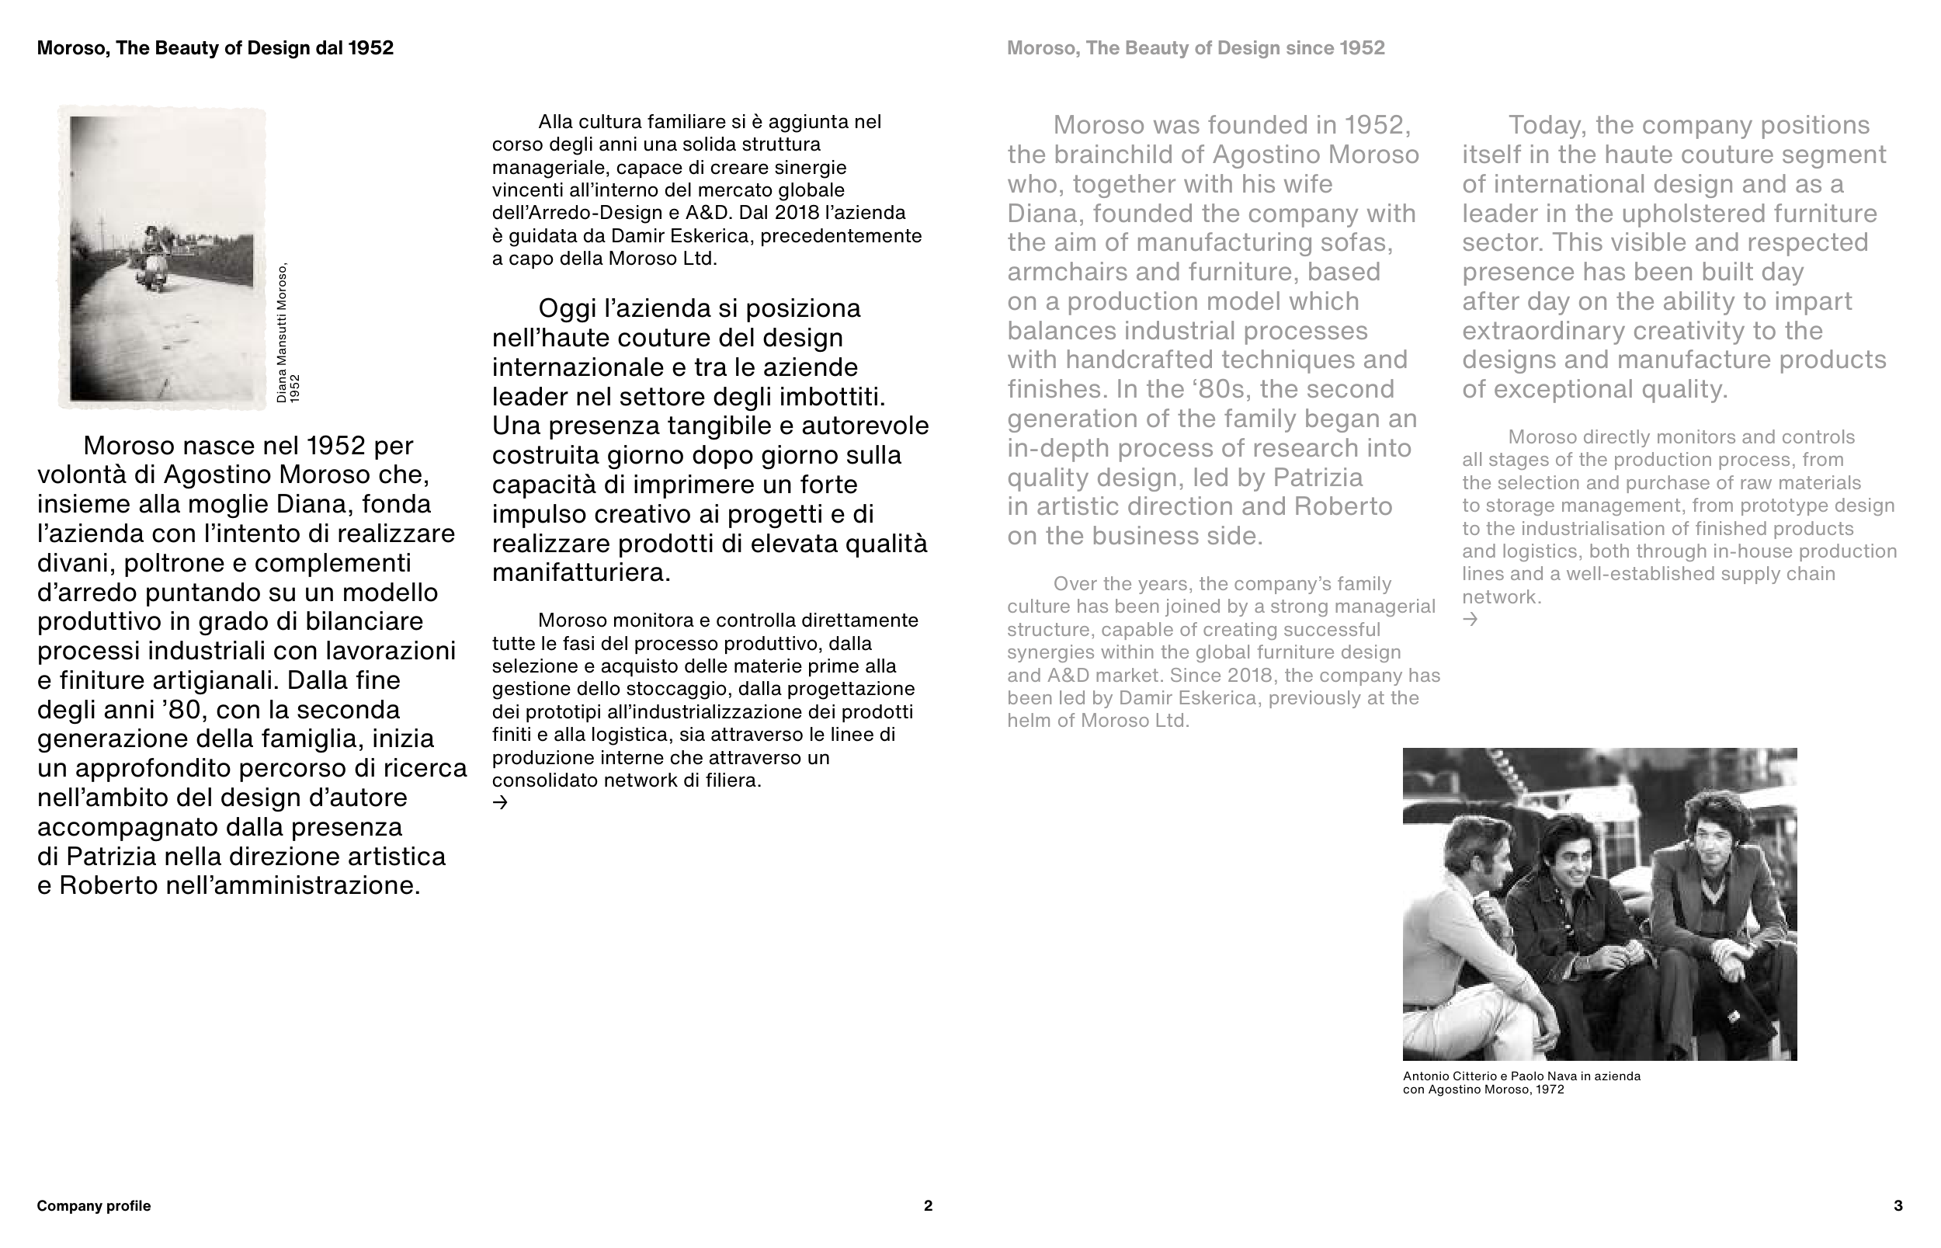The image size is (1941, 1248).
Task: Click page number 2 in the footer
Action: (x=928, y=1206)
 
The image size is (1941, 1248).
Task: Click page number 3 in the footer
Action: (x=1898, y=1206)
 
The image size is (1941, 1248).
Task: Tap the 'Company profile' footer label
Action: (x=94, y=1206)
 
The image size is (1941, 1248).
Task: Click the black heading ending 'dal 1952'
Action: (x=216, y=48)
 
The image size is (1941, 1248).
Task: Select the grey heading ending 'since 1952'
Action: (x=1196, y=48)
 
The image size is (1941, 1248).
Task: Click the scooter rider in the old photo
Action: (x=151, y=253)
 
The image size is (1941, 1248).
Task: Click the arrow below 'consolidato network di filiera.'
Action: (x=501, y=802)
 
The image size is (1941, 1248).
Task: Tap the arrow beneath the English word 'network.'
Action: (x=1471, y=619)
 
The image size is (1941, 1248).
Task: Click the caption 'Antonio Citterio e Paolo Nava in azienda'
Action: (x=1522, y=1076)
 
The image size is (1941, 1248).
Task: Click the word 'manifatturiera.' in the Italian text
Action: (x=582, y=573)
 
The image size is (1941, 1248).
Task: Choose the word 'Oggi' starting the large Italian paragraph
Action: (x=566, y=309)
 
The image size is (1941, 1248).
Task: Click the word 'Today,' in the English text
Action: (x=1547, y=126)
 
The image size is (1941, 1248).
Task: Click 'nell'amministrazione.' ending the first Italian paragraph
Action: (x=293, y=886)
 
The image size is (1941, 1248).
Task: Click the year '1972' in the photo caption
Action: (x=1550, y=1090)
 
